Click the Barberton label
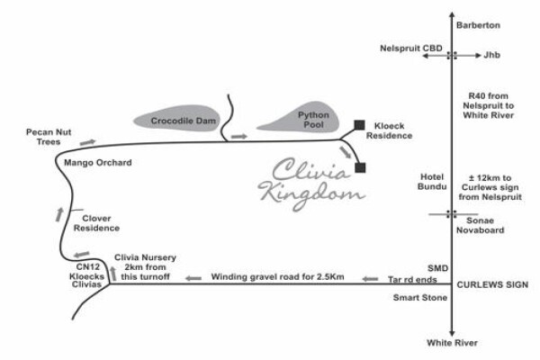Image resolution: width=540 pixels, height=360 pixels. click(478, 25)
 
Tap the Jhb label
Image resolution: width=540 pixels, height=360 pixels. click(491, 55)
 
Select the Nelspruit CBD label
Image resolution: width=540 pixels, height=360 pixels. click(411, 49)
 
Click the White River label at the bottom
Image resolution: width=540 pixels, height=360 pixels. click(452, 343)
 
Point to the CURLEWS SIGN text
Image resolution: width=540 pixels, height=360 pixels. click(492, 285)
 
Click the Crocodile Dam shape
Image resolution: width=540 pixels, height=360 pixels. click(176, 118)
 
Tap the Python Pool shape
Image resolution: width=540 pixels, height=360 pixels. click(299, 118)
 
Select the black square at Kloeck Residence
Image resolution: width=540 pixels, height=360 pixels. click(359, 125)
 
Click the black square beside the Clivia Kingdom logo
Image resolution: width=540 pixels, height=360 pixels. click(360, 167)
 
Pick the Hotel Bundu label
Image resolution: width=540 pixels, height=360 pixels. click(432, 182)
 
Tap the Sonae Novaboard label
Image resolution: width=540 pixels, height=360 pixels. click(480, 225)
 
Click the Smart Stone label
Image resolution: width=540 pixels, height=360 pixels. click(420, 298)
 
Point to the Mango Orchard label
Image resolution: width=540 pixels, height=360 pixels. click(98, 163)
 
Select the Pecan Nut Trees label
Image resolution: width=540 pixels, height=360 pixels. click(49, 137)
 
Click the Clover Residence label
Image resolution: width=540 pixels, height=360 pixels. click(96, 223)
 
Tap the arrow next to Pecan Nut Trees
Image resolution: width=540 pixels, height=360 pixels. click(87, 142)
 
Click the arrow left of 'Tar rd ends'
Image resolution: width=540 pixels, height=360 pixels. click(370, 279)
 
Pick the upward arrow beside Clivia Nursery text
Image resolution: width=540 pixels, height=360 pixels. click(113, 274)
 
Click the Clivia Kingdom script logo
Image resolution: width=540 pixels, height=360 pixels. click(311, 184)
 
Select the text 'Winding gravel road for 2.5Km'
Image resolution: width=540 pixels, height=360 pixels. click(277, 277)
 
